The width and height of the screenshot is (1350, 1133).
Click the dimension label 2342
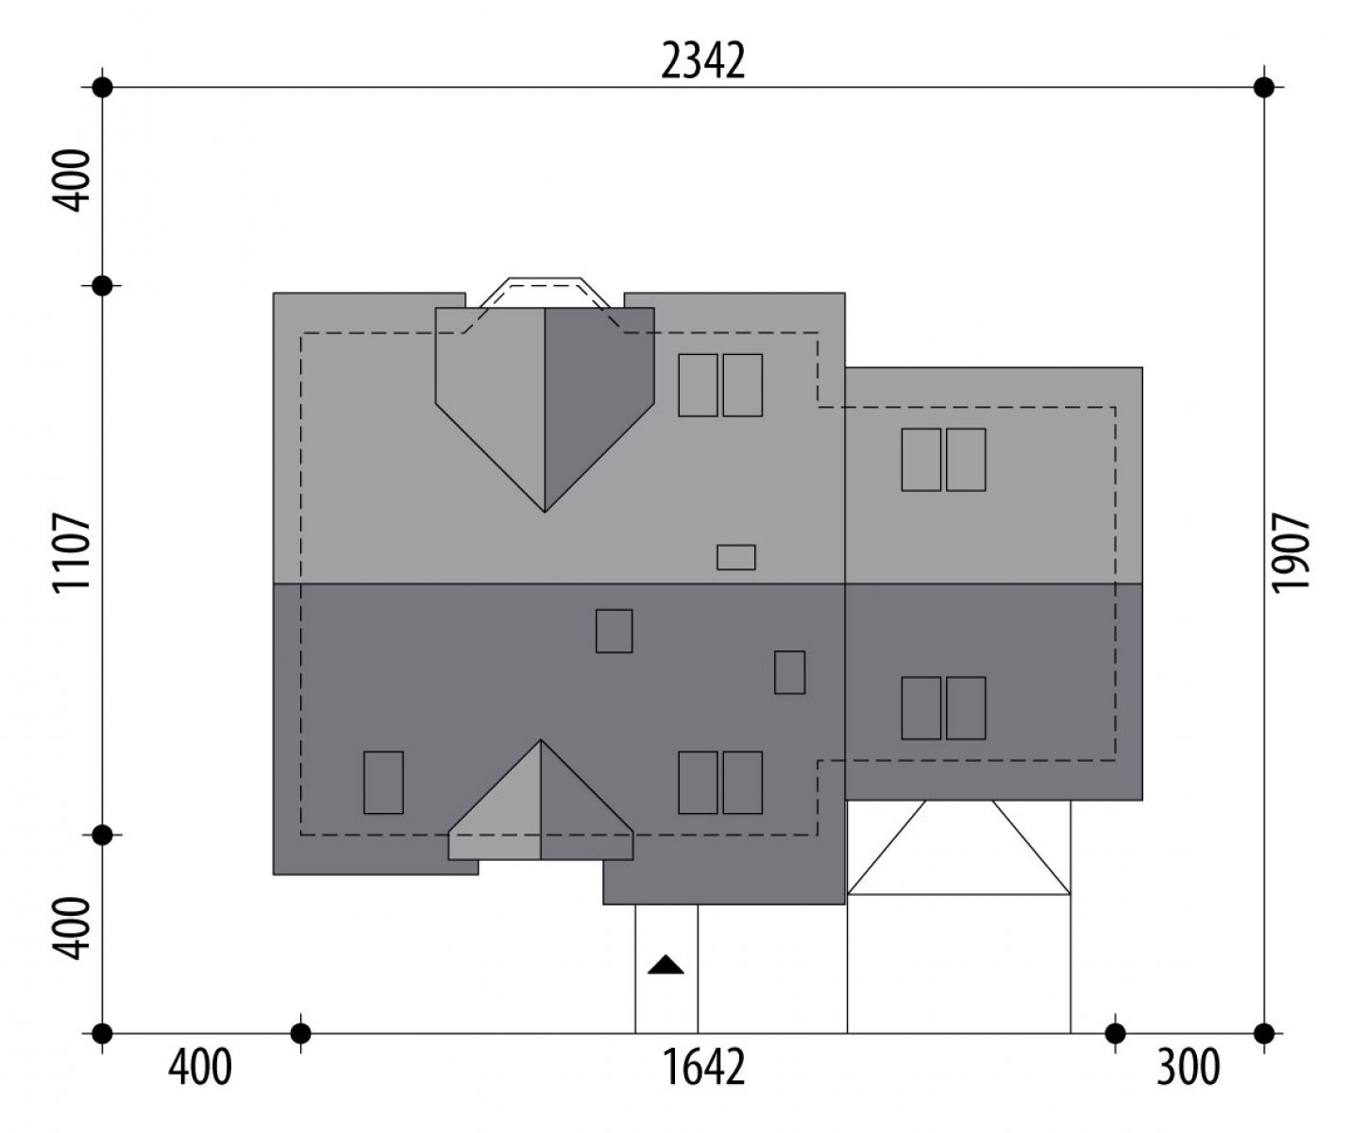point(702,61)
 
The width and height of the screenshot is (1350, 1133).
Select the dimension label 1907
point(1291,552)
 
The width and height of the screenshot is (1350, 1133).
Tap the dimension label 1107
point(71,552)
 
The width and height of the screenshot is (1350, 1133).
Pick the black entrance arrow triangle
point(666,965)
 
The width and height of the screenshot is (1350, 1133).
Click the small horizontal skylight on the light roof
point(735,557)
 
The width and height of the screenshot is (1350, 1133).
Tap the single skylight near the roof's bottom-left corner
point(383,783)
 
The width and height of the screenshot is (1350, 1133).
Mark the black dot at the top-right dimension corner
point(1264,87)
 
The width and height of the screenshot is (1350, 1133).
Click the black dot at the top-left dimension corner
point(102,87)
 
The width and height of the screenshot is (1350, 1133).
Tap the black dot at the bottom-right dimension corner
point(1264,1034)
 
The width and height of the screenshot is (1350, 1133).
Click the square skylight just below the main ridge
point(615,631)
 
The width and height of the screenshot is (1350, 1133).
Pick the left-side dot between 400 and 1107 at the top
point(102,285)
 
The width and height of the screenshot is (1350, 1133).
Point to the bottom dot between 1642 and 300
point(1115,1034)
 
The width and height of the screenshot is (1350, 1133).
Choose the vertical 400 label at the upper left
point(71,180)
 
